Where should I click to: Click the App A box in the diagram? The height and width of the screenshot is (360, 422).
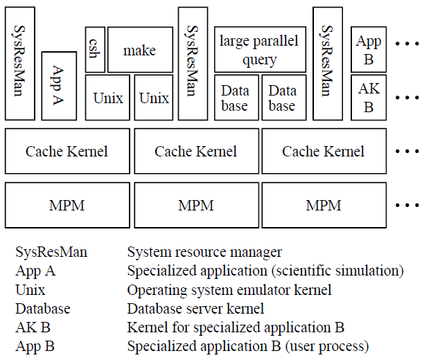pyautogui.click(x=59, y=85)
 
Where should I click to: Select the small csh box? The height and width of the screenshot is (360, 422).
pyautogui.click(x=95, y=50)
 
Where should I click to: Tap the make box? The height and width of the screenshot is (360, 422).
pyautogui.click(x=140, y=50)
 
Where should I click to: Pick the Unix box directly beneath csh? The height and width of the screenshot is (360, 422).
pyautogui.click(x=107, y=98)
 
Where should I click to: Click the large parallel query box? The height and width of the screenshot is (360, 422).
pyautogui.click(x=259, y=50)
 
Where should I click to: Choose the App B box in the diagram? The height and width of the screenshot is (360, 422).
pyautogui.click(x=369, y=50)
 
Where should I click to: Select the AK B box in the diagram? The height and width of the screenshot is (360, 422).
pyautogui.click(x=369, y=98)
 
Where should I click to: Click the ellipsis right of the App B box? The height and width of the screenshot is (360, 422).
pyautogui.click(x=406, y=44)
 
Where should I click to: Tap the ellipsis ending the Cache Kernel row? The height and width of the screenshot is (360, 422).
pyautogui.click(x=406, y=151)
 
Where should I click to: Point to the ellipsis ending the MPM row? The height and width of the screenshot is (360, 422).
pyautogui.click(x=406, y=205)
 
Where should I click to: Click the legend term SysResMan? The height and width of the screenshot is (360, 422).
pyautogui.click(x=51, y=253)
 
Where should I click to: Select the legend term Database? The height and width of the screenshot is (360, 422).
pyautogui.click(x=43, y=309)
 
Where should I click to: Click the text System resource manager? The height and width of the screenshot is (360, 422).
pyautogui.click(x=204, y=253)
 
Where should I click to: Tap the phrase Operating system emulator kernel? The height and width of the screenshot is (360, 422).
pyautogui.click(x=229, y=290)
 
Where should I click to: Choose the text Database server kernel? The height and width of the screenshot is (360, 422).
pyautogui.click(x=195, y=309)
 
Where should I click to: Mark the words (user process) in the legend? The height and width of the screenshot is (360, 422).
pyautogui.click(x=326, y=346)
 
